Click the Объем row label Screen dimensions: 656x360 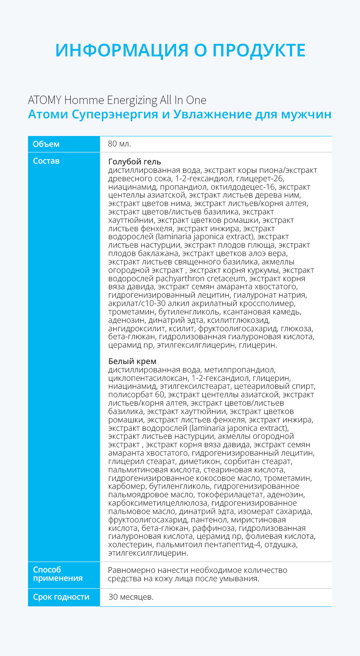tap(46, 144)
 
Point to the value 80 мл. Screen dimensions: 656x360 tap(119, 144)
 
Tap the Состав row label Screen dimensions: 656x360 tap(46, 161)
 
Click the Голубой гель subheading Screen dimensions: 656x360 tap(134, 162)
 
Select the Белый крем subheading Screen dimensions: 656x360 tap(132, 361)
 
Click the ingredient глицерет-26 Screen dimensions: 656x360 tap(260, 178)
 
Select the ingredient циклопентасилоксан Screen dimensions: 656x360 tap(148, 378)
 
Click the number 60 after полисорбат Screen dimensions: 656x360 tap(159, 395)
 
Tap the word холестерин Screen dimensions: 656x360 tap(130, 545)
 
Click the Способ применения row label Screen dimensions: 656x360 tap(58, 574)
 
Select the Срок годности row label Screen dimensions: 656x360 tap(61, 597)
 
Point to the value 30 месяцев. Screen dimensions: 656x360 tap(131, 597)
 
